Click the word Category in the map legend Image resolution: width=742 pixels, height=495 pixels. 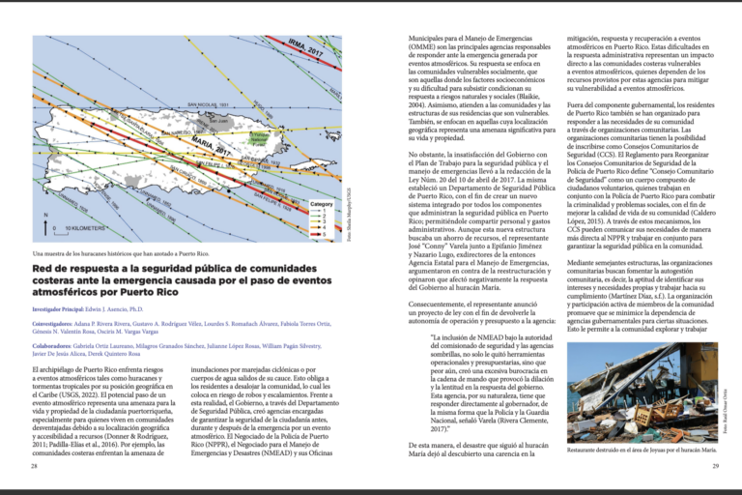coord(322,204)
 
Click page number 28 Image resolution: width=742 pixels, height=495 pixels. coord(35,466)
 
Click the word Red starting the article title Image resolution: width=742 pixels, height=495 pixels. coord(43,267)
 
